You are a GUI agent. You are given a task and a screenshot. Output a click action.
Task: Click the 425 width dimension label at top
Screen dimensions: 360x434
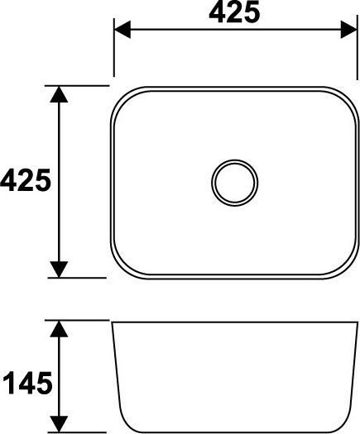pyautogui.click(x=234, y=12)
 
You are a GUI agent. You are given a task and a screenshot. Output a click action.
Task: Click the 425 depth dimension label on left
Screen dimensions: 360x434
pyautogui.click(x=26, y=180)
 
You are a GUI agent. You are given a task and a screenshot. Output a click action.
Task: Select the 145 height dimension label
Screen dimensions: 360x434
pyautogui.click(x=27, y=383)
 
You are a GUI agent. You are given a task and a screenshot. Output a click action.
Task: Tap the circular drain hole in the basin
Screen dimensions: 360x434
pyautogui.click(x=234, y=183)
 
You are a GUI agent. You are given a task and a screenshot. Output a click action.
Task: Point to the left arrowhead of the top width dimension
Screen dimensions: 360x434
pyautogui.click(x=122, y=29)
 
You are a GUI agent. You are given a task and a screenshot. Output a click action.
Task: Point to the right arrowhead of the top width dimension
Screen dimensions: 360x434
pyautogui.click(x=349, y=29)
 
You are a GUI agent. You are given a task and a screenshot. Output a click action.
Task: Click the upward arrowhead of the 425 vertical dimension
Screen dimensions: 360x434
pyautogui.click(x=59, y=94)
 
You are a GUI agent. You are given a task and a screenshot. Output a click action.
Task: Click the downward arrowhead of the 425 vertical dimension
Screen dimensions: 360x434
pyautogui.click(x=59, y=269)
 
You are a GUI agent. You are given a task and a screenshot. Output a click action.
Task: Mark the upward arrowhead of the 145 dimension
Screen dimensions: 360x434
pyautogui.click(x=59, y=328)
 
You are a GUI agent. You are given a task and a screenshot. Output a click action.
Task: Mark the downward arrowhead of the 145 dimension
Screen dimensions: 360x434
pyautogui.click(x=59, y=424)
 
